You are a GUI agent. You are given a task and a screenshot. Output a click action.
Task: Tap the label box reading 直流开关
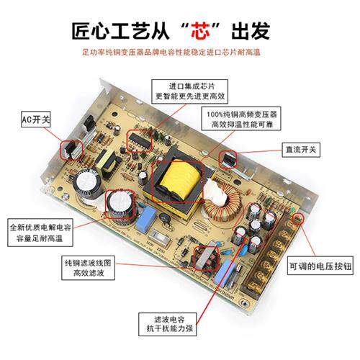pos(302,150)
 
